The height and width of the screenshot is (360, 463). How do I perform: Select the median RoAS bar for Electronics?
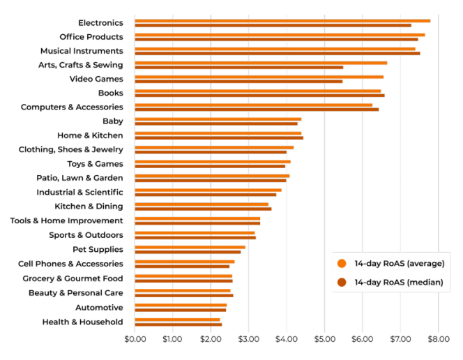[273, 25]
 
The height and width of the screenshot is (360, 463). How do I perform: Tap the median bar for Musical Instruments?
[277, 53]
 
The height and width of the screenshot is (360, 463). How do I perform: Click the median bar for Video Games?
[238, 82]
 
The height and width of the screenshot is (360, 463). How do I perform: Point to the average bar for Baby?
[218, 119]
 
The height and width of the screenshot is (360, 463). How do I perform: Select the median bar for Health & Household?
[178, 324]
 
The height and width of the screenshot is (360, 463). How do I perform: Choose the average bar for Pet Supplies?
[190, 247]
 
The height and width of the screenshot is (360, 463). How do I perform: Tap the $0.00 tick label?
[135, 339]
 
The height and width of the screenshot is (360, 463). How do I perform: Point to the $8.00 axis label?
[438, 339]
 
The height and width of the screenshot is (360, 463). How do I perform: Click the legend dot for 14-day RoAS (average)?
[342, 263]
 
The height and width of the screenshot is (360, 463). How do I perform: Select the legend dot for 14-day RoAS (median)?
[342, 283]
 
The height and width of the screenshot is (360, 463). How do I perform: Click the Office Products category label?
[91, 37]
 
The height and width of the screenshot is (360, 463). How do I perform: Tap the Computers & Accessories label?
[72, 107]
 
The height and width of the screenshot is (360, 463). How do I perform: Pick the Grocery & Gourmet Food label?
[77, 278]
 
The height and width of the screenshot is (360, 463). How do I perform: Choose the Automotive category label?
[99, 308]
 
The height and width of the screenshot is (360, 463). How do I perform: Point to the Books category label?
[110, 93]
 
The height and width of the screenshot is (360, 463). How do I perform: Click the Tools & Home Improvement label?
[66, 220]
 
